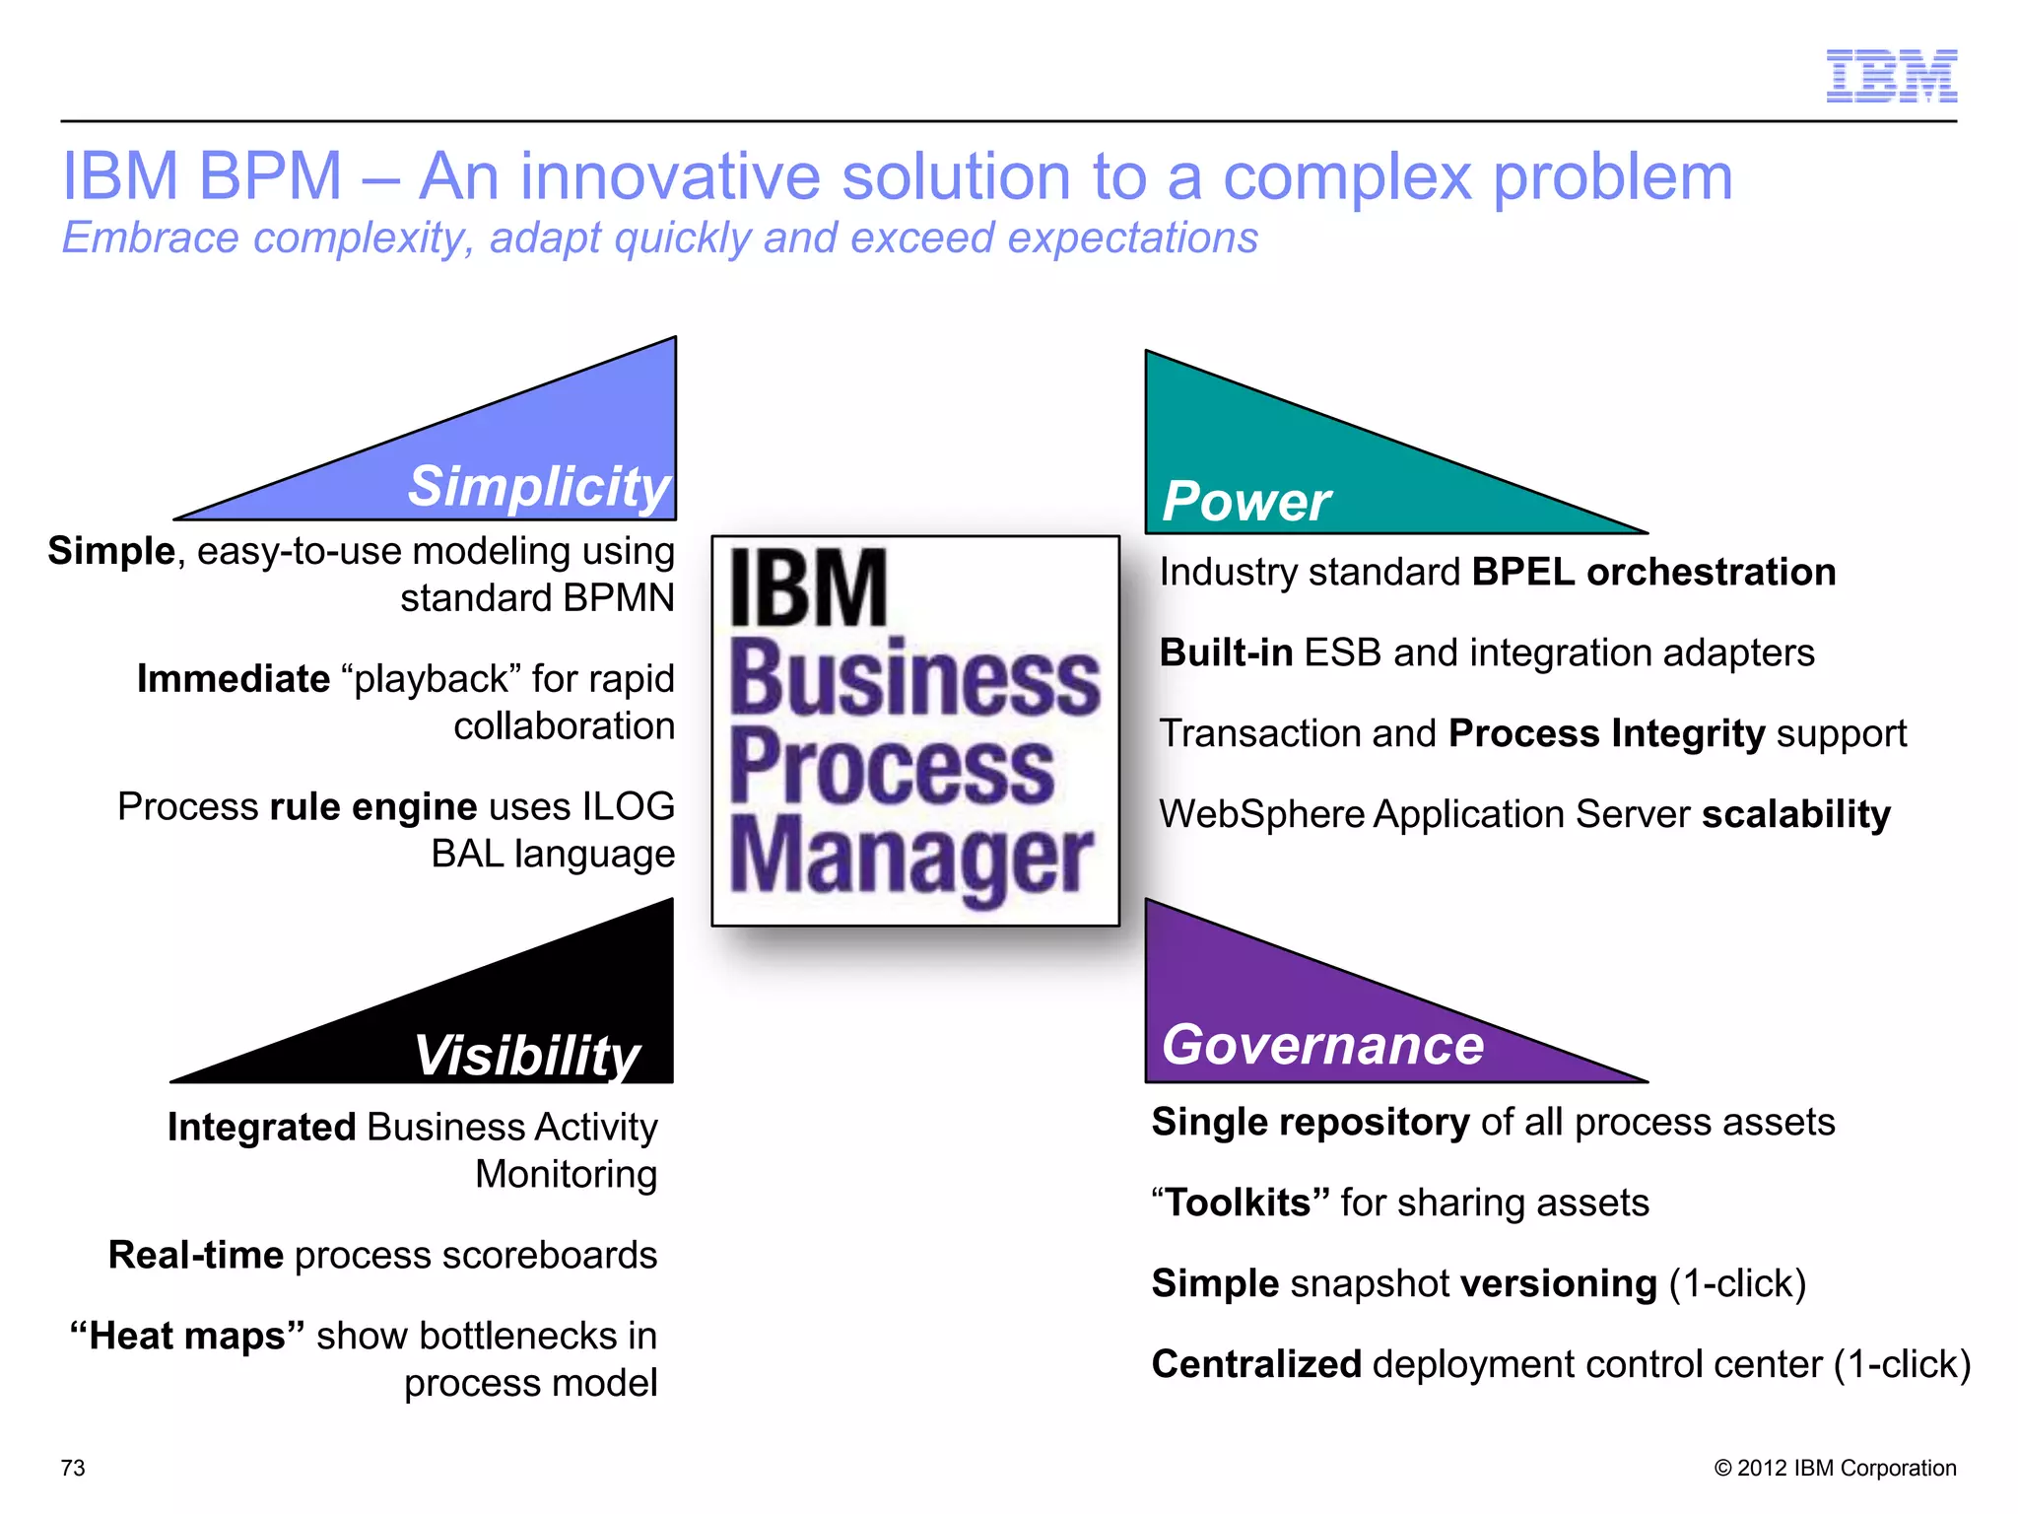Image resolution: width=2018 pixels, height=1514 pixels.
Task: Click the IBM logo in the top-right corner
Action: click(x=1891, y=76)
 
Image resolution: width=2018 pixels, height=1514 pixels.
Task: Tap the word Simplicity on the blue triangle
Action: click(x=539, y=487)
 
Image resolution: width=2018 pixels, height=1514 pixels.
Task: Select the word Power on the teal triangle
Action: click(x=1245, y=501)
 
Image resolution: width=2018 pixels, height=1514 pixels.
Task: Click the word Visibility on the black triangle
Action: click(x=526, y=1056)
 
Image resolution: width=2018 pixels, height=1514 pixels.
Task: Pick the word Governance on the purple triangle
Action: click(x=1322, y=1045)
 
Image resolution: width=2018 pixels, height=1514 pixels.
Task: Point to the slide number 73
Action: click(x=73, y=1468)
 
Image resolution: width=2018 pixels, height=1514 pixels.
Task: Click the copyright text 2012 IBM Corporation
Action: click(x=1845, y=1468)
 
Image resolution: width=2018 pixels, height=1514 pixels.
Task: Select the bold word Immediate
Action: click(x=234, y=679)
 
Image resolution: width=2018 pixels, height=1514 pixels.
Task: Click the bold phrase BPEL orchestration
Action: click(x=1652, y=573)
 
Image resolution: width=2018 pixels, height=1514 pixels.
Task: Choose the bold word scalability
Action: click(x=1795, y=814)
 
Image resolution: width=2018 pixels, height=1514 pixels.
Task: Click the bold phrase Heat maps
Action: click(x=186, y=1337)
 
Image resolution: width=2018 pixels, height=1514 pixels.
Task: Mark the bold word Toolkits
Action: click(x=1240, y=1204)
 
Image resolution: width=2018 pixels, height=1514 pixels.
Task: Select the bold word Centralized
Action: click(x=1256, y=1365)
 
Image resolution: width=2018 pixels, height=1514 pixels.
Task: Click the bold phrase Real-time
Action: click(x=196, y=1256)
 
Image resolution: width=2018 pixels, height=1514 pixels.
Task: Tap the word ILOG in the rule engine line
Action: click(x=628, y=807)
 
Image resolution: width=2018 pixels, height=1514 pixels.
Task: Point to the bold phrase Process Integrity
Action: click(x=1606, y=734)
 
